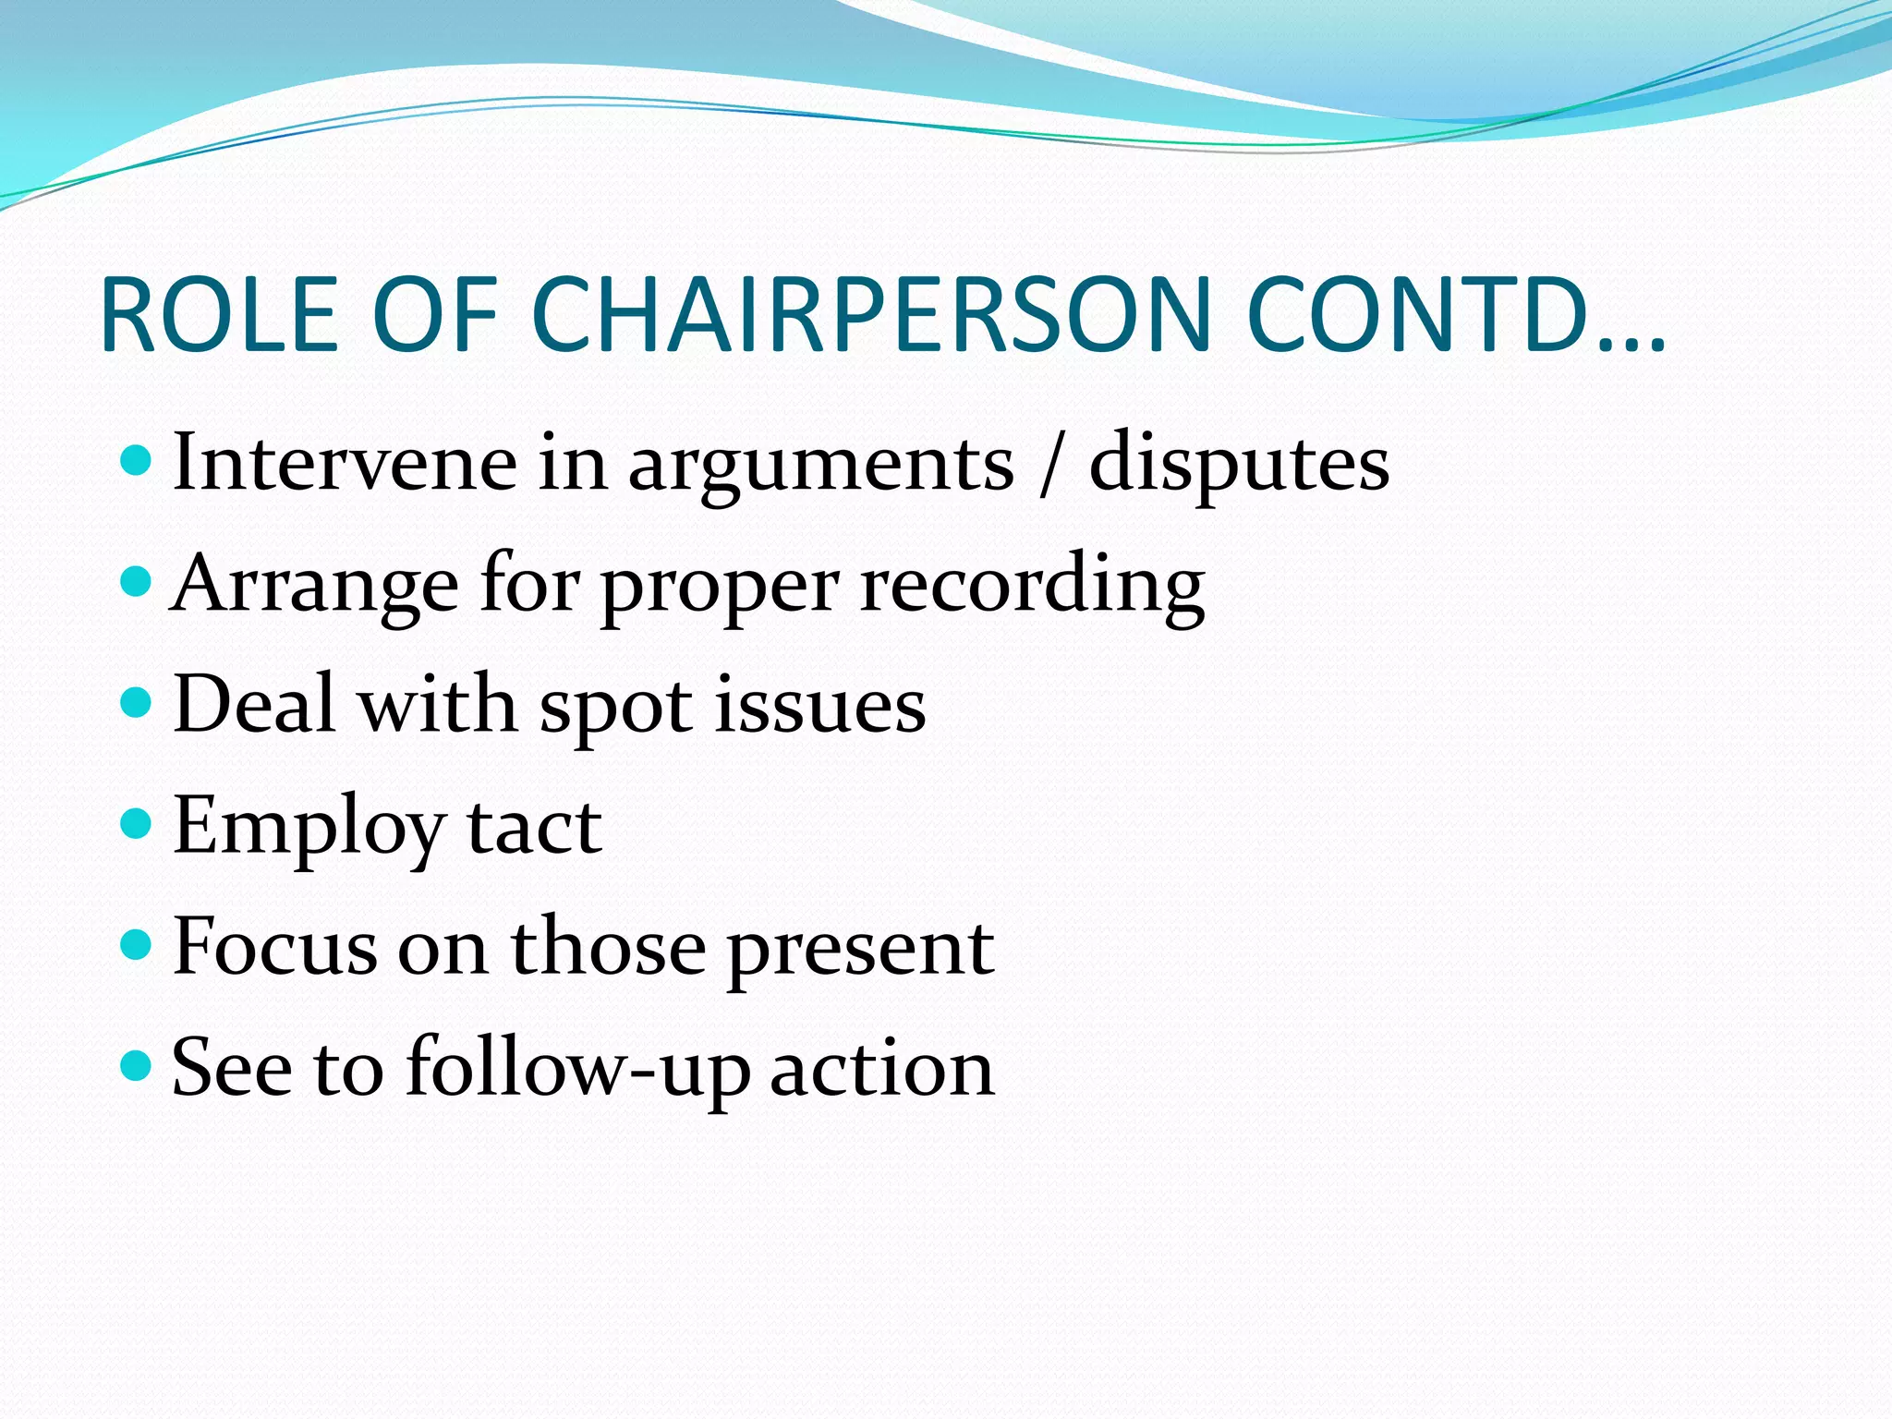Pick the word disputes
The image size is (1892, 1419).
pos(1239,464)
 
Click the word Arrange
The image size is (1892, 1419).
pos(315,585)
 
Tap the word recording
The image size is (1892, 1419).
pos(1032,585)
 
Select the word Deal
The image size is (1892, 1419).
pos(253,704)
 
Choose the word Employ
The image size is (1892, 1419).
pos(309,828)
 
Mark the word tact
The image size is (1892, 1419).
pos(534,826)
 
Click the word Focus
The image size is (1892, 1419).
pos(274,946)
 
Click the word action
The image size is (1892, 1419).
pos(882,1068)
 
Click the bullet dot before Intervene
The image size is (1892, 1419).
pos(136,459)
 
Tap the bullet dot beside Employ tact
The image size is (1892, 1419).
pos(136,822)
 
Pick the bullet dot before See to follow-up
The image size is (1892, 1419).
pos(136,1065)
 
